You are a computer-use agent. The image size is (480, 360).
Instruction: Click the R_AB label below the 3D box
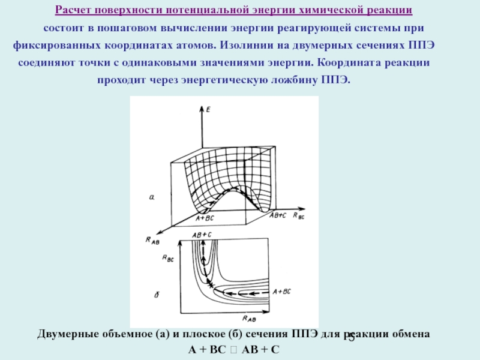click(152, 241)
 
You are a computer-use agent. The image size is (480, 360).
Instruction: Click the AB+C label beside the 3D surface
click(277, 215)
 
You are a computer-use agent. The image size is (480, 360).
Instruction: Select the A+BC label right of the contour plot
click(281, 291)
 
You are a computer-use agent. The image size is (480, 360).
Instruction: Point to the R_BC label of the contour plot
click(168, 257)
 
